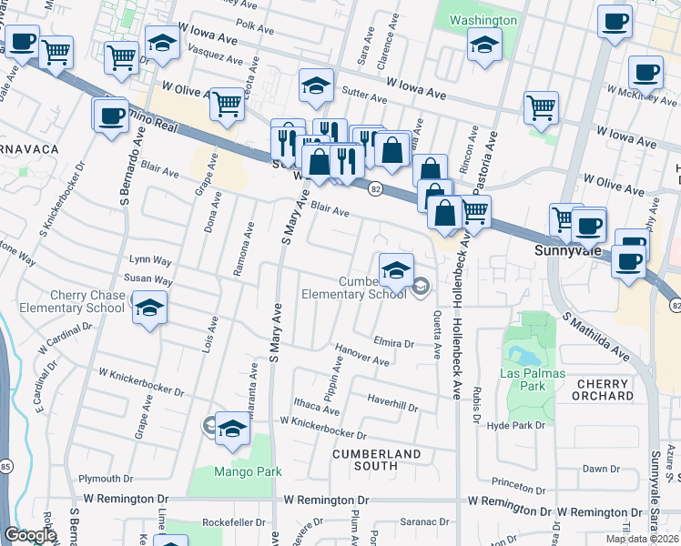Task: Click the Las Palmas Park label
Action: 533,379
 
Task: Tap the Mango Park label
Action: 248,471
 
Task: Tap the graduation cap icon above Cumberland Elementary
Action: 396,271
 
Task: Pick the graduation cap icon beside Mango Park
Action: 233,429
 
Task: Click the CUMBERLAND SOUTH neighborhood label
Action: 377,460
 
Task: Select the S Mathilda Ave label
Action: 595,336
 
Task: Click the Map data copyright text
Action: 643,539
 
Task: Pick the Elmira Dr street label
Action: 393,344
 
